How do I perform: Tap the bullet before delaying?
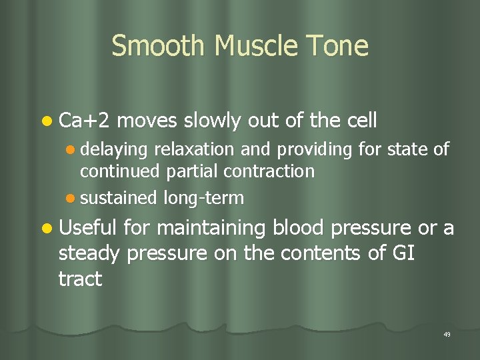point(71,151)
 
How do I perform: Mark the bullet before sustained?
point(71,198)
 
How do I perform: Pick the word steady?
point(89,254)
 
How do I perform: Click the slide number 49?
point(446,334)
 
